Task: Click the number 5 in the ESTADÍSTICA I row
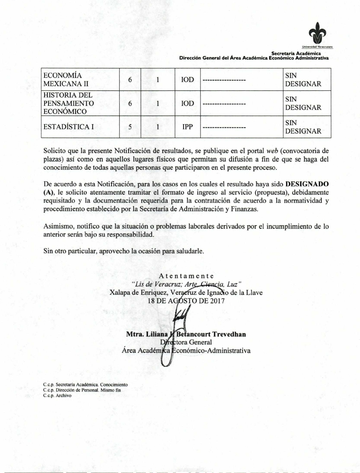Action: [x=130, y=127]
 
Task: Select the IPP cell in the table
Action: [x=187, y=127]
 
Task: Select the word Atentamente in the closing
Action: [x=186, y=276]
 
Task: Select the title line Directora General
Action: [x=186, y=342]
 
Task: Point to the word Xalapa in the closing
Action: [x=120, y=292]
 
